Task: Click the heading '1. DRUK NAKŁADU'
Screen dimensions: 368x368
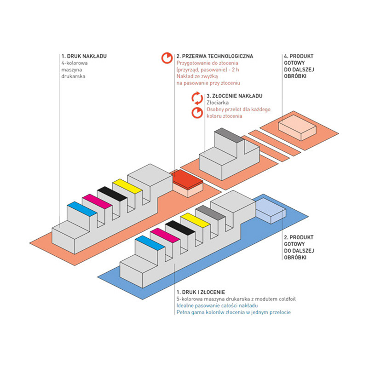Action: (x=84, y=56)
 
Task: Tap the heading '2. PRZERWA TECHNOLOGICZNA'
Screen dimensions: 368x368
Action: (x=215, y=56)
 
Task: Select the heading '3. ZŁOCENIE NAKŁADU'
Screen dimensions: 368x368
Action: (x=235, y=96)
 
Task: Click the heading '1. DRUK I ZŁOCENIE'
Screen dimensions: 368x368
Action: (x=201, y=292)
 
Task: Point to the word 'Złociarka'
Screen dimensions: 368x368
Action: (x=218, y=103)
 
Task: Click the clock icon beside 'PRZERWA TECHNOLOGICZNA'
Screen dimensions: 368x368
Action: (x=167, y=58)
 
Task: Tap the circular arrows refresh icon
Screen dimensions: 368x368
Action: (x=197, y=98)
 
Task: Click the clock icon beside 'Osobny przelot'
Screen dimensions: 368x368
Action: (x=197, y=113)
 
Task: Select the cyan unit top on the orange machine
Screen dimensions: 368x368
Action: (x=82, y=209)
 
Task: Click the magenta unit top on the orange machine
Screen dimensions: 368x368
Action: (x=97, y=201)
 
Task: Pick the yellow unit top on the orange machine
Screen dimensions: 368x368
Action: (x=127, y=186)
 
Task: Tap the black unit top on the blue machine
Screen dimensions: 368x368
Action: (x=180, y=228)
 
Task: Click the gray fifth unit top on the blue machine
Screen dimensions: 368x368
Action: (x=210, y=213)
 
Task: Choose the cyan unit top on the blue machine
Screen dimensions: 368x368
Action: (x=150, y=243)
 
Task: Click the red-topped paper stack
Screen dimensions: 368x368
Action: (x=188, y=184)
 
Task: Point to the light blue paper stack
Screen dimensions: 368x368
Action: (x=271, y=211)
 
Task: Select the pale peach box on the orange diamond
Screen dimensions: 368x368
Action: (x=297, y=128)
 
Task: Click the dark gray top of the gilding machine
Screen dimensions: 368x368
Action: (x=229, y=135)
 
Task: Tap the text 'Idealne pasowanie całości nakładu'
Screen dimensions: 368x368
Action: (x=217, y=305)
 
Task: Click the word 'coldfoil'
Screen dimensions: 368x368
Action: (x=287, y=299)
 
